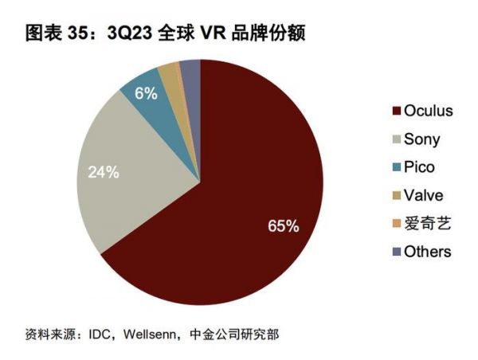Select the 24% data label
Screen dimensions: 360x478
point(104,171)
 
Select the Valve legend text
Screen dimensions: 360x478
point(423,195)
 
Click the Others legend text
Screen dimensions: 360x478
point(427,252)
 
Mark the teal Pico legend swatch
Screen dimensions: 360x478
point(396,168)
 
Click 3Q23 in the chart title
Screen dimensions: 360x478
point(131,33)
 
